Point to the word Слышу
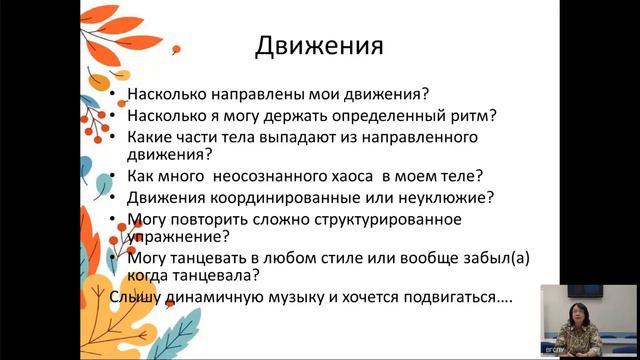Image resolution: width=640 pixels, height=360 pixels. pyautogui.click(x=136, y=297)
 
